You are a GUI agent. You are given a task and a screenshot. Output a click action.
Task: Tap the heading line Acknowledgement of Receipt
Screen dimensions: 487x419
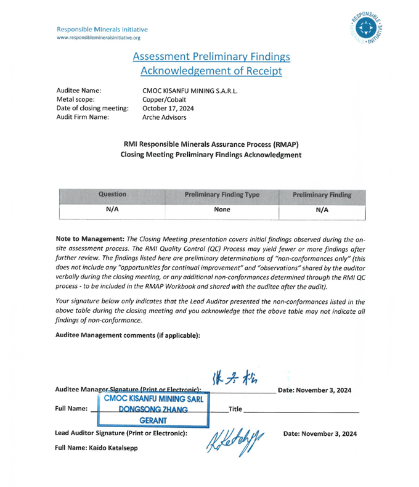point(211,71)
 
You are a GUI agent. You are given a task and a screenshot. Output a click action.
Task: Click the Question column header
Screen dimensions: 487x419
point(113,195)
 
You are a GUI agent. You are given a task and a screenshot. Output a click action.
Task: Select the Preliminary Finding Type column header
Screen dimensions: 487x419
point(222,195)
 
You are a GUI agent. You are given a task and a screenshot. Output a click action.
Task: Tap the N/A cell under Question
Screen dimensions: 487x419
point(113,210)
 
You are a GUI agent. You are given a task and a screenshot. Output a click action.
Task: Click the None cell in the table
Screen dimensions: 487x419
point(222,210)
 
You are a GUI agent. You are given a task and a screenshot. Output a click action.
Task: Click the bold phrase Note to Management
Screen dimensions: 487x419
point(90,239)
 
